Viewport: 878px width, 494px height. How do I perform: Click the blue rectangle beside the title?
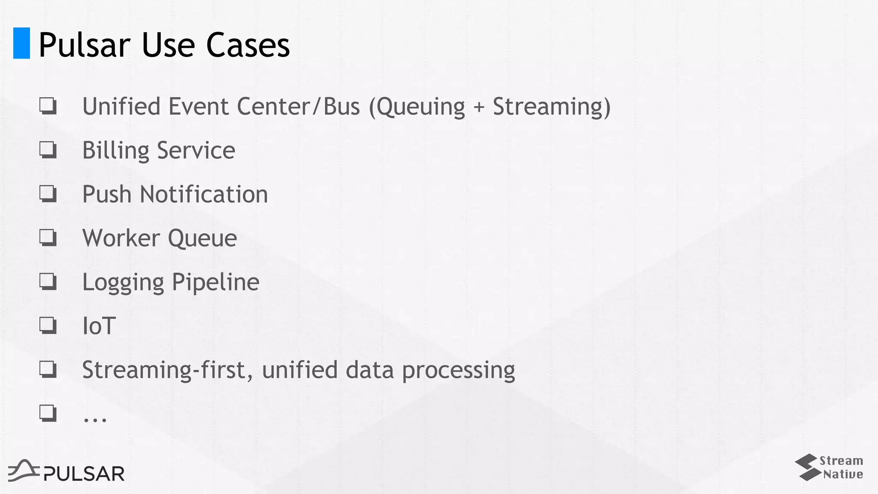coord(21,43)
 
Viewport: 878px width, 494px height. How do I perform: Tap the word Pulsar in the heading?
coord(84,45)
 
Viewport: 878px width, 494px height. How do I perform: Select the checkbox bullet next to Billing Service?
coord(48,150)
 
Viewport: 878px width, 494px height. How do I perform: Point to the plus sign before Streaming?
coord(479,107)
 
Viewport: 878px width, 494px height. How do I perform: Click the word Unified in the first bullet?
coord(121,106)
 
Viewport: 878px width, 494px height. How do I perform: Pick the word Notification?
coord(204,194)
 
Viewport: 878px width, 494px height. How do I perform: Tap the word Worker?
coord(121,238)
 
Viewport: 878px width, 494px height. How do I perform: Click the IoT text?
coord(99,326)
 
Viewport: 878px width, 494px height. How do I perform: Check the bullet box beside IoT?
coord(48,325)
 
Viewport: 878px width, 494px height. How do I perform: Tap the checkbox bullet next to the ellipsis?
coord(48,413)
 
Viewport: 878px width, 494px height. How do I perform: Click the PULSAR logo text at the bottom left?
coord(84,474)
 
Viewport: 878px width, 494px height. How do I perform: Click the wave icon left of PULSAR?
coord(24,470)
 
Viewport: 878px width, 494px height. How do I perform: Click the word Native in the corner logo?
coord(843,474)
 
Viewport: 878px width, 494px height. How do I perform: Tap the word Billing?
coord(115,151)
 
